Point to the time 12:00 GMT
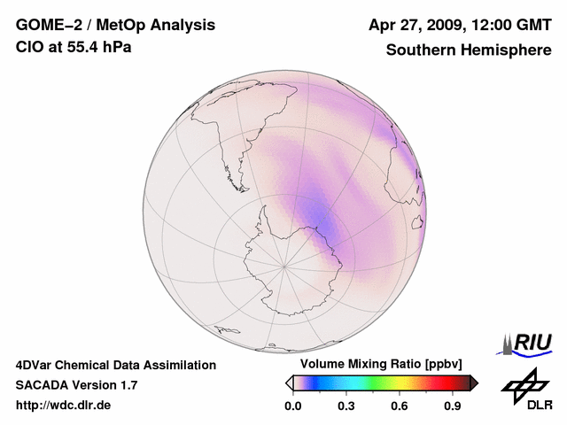(x=513, y=26)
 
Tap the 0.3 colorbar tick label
(x=346, y=406)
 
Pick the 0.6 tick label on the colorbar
(x=400, y=406)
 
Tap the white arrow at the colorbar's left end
(x=289, y=382)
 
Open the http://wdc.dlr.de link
(x=63, y=406)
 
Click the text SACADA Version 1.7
(x=76, y=385)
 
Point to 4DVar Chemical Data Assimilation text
(x=115, y=365)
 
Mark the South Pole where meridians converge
(x=284, y=265)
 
